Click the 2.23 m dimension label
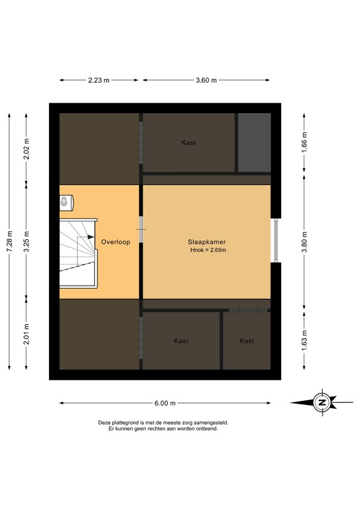[99, 81]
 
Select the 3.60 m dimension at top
[207, 81]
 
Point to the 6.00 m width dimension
[165, 402]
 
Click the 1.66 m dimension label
[304, 142]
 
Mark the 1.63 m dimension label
[304, 338]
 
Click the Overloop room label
[116, 242]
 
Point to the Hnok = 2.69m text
[208, 250]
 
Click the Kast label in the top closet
[189, 142]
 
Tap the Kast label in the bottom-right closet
[247, 341]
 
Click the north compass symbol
[322, 402]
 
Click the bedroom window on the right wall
[275, 240]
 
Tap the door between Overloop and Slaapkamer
[141, 230]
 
